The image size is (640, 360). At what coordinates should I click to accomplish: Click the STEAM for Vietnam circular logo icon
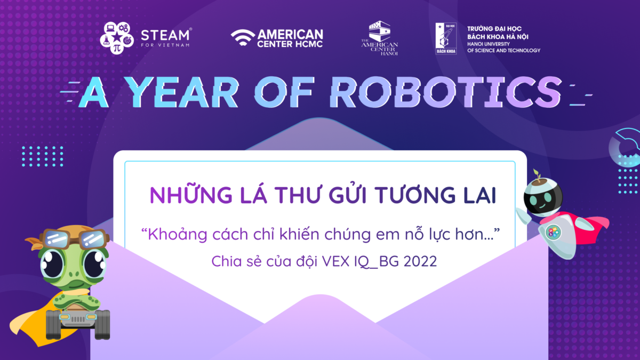click(117, 38)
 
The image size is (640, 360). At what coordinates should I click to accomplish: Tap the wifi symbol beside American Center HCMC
click(243, 37)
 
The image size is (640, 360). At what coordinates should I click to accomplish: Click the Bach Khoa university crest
click(446, 38)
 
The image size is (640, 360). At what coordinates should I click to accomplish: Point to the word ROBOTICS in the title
click(446, 92)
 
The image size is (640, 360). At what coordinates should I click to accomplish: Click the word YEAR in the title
click(182, 92)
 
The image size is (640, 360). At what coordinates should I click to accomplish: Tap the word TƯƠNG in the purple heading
click(415, 195)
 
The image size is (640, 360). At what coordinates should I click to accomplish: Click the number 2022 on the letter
click(420, 261)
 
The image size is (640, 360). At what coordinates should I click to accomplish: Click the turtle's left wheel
click(53, 325)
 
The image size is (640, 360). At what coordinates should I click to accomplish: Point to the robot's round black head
click(543, 197)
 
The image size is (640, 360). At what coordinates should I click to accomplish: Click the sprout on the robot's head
click(537, 175)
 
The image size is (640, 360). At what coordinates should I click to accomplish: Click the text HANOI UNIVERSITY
click(489, 44)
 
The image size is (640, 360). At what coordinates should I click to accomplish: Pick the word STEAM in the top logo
click(165, 35)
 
